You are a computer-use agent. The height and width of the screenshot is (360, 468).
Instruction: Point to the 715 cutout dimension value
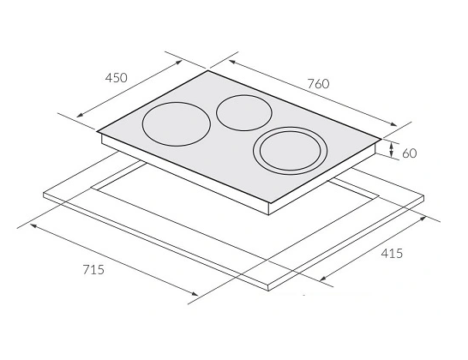[x=93, y=270]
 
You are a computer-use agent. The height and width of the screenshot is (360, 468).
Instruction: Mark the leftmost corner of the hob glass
[x=97, y=131]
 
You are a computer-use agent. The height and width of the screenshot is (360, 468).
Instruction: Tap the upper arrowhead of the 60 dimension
[x=392, y=145]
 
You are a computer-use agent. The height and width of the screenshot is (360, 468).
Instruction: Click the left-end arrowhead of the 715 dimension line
[x=31, y=225]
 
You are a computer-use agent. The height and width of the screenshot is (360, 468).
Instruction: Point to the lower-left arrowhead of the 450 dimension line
[x=78, y=117]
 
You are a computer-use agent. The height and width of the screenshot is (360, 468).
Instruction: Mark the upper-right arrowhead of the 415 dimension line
[x=427, y=218]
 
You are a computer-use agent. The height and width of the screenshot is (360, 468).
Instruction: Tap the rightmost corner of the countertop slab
[x=425, y=195]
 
